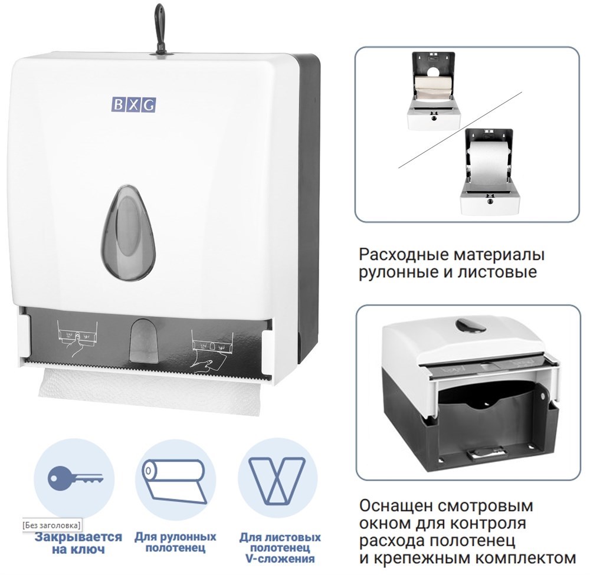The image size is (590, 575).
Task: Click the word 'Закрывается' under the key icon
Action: coord(78,537)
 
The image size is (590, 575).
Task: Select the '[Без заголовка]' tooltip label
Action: coord(51,524)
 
